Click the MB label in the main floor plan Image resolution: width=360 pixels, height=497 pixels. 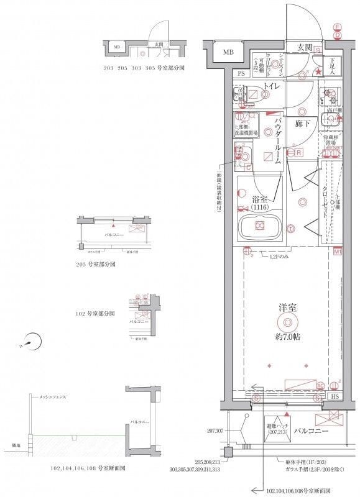click(x=229, y=52)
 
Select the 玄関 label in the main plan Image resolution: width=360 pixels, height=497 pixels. click(x=304, y=47)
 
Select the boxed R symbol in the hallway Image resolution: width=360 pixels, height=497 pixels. click(x=299, y=152)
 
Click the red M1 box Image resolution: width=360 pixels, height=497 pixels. click(x=338, y=252)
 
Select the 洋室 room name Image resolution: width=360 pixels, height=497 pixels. click(x=287, y=307)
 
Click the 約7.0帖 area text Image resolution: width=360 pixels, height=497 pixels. click(x=287, y=337)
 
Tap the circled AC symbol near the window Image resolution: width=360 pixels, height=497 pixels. click(x=320, y=385)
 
